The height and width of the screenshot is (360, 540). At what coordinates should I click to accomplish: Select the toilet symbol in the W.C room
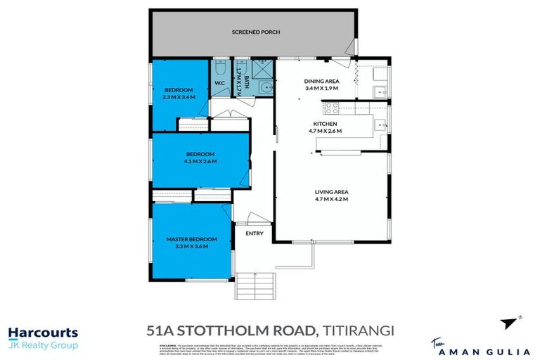219,71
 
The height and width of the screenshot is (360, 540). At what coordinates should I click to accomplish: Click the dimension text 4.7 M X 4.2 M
332,200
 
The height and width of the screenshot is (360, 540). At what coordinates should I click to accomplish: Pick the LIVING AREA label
332,192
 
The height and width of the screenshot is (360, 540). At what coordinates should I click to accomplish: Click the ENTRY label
253,233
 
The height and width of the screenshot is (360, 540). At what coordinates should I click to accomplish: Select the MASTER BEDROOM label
191,239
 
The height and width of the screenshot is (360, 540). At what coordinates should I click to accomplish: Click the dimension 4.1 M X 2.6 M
200,161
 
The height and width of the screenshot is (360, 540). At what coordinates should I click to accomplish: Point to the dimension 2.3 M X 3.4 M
179,97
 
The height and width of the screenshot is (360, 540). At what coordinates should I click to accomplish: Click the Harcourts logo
42,333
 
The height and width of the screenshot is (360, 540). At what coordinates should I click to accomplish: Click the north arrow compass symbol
510,323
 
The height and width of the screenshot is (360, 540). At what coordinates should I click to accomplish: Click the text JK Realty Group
42,345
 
